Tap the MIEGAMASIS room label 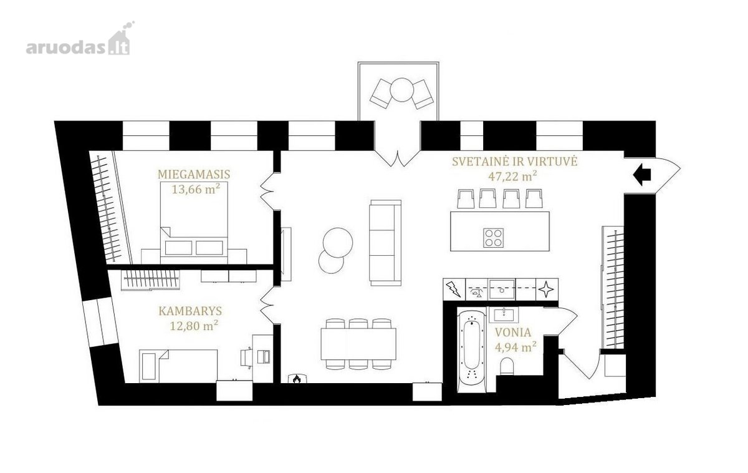coord(194,174)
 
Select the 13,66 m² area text coord(196,189)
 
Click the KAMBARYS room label coord(190,311)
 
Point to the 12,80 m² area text coord(194,325)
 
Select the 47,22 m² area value coord(513,176)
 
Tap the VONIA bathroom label coord(513,332)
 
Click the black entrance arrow coord(642,174)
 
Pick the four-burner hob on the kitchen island coord(493,238)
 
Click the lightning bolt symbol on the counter coord(454,289)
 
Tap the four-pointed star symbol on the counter coord(546,290)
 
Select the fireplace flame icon coord(296,378)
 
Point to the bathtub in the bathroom coord(471,351)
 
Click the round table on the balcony coord(401,90)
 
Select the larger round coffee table coord(338,242)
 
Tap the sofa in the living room coord(385,243)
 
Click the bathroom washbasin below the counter coord(504,315)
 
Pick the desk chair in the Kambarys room coord(246,358)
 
